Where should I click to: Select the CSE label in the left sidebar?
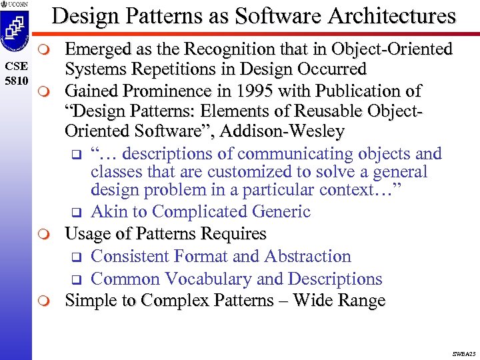click(x=15, y=67)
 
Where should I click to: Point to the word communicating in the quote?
click(x=295, y=153)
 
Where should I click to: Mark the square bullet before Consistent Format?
click(x=75, y=257)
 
